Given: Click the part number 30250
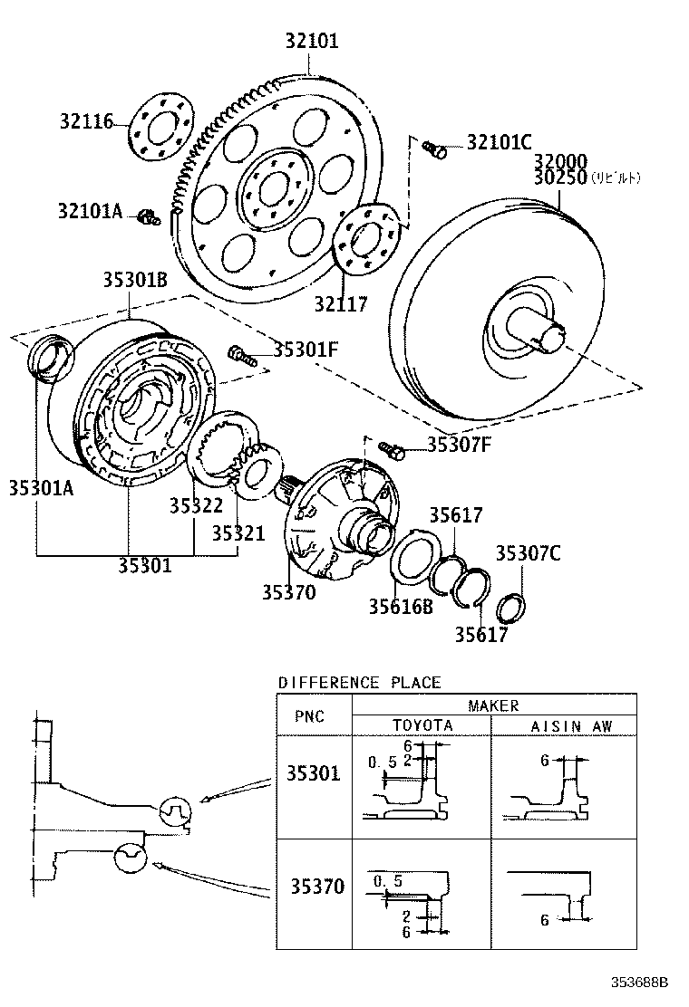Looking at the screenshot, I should pyautogui.click(x=560, y=177).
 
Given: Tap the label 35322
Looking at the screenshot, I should pyautogui.click(x=196, y=505).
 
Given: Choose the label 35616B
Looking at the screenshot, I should pyautogui.click(x=400, y=606).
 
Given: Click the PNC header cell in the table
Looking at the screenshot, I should pyautogui.click(x=310, y=715).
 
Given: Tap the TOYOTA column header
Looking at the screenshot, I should pyautogui.click(x=422, y=725).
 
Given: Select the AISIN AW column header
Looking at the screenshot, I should pyautogui.click(x=570, y=725).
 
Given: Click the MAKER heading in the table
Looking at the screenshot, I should pyautogui.click(x=493, y=705).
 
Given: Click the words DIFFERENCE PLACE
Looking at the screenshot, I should pyautogui.click(x=359, y=682).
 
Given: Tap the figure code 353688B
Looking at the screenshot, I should pyautogui.click(x=636, y=982).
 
